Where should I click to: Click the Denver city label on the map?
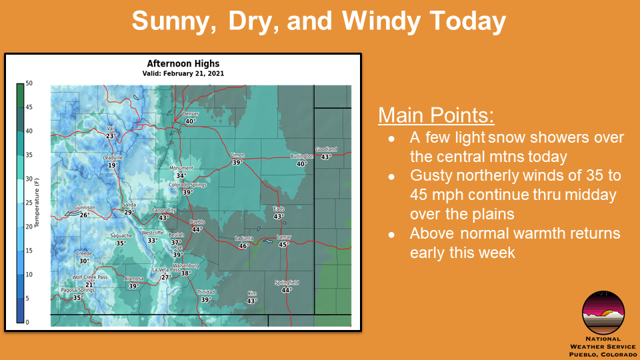pyautogui.click(x=191, y=114)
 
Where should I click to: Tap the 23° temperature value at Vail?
pyautogui.click(x=111, y=136)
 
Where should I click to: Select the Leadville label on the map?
pyautogui.click(x=113, y=157)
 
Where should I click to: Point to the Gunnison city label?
pyautogui.click(x=85, y=208)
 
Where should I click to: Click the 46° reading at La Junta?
pyautogui.click(x=244, y=246)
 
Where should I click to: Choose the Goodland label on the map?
pyautogui.click(x=326, y=149)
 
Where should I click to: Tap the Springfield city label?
pyautogui.click(x=287, y=283)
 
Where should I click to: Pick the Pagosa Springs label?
pyautogui.click(x=77, y=290)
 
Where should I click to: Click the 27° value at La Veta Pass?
pyautogui.click(x=165, y=277)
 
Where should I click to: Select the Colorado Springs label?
pyautogui.click(x=188, y=185)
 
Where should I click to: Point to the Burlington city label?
pyautogui.click(x=301, y=156)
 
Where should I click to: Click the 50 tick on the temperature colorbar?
pyautogui.click(x=29, y=83)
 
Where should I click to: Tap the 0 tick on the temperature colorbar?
pyautogui.click(x=27, y=323)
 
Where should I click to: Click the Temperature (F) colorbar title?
pyautogui.click(x=37, y=203)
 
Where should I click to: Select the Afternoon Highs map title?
pyautogui.click(x=183, y=64)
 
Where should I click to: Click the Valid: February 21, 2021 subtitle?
pyautogui.click(x=183, y=73)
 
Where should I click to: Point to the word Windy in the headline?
pyautogui.click(x=381, y=21)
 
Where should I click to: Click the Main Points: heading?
pyautogui.click(x=436, y=115)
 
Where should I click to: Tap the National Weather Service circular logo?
pyautogui.click(x=603, y=313)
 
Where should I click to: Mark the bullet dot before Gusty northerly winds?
pyautogui.click(x=391, y=177)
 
